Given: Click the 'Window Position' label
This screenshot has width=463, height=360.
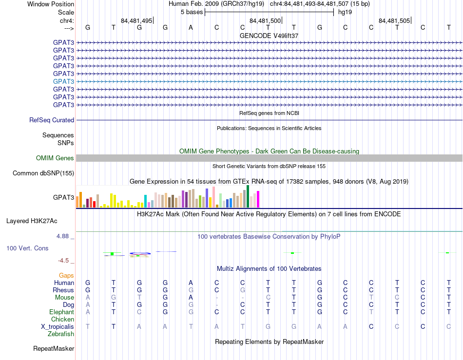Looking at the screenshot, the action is [x=51, y=4].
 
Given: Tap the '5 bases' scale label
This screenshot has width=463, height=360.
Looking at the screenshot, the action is [x=192, y=12].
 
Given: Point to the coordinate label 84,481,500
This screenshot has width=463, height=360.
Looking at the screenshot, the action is [x=265, y=20].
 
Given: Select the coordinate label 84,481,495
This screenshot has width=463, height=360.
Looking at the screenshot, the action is [x=136, y=20].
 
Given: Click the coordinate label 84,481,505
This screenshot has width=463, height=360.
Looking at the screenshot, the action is [x=394, y=20].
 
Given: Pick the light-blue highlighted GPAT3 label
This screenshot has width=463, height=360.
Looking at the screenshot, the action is [x=63, y=81].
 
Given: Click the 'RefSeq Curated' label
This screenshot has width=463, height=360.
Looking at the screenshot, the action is [x=52, y=120].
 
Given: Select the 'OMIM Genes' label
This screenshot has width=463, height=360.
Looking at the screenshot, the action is [x=55, y=158].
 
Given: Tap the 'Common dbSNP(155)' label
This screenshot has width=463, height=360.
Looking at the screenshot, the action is [x=43, y=173].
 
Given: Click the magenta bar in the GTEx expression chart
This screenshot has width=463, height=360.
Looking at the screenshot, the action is [x=258, y=199].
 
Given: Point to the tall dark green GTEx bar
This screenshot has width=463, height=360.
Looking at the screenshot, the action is [x=248, y=196].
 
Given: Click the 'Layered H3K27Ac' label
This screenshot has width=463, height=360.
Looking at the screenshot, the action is [x=32, y=221].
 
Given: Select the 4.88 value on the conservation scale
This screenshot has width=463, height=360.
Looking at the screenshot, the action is [x=62, y=236].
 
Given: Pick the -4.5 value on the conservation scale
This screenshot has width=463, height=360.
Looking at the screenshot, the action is [x=63, y=261].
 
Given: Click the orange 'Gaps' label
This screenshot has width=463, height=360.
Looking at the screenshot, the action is [x=66, y=276].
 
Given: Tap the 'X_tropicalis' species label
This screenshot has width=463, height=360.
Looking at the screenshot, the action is [x=58, y=327].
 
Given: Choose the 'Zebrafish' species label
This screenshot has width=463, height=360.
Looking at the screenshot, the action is [x=61, y=334].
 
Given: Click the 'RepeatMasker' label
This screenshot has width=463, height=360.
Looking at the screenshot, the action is [x=54, y=349].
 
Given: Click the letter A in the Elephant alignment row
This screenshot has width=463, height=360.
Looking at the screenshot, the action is [x=88, y=312].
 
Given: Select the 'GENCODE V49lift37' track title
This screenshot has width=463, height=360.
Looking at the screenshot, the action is [x=269, y=36].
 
